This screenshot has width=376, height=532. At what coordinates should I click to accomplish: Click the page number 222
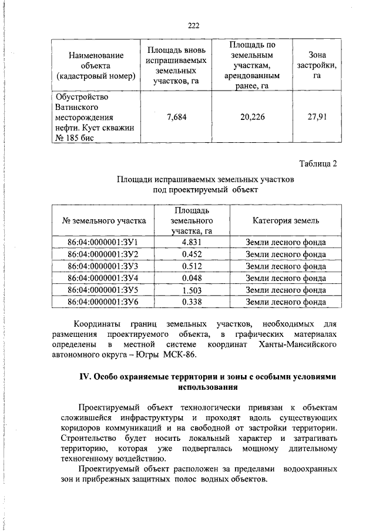click(194, 25)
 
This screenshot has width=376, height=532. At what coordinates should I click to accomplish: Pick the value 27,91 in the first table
click(316, 117)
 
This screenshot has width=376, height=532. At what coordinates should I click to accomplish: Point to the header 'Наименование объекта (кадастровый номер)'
click(96, 65)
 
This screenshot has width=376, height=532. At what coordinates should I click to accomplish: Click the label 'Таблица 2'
click(318, 164)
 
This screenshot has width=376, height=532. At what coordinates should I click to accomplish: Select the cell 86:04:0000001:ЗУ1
click(103, 242)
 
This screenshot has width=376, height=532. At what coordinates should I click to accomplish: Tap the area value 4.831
click(192, 242)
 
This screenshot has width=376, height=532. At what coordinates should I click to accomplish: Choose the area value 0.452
click(192, 255)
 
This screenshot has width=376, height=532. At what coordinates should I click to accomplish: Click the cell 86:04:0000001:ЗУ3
click(103, 266)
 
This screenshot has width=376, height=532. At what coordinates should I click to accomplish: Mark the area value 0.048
click(192, 278)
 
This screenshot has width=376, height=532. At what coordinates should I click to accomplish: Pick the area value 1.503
click(192, 290)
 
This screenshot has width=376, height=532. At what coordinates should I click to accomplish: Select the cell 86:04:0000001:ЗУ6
click(103, 302)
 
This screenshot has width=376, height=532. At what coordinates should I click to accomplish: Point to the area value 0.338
click(192, 302)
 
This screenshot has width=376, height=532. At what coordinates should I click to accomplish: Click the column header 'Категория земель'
click(286, 221)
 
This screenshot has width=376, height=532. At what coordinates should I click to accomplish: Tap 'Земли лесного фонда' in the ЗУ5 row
click(286, 290)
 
